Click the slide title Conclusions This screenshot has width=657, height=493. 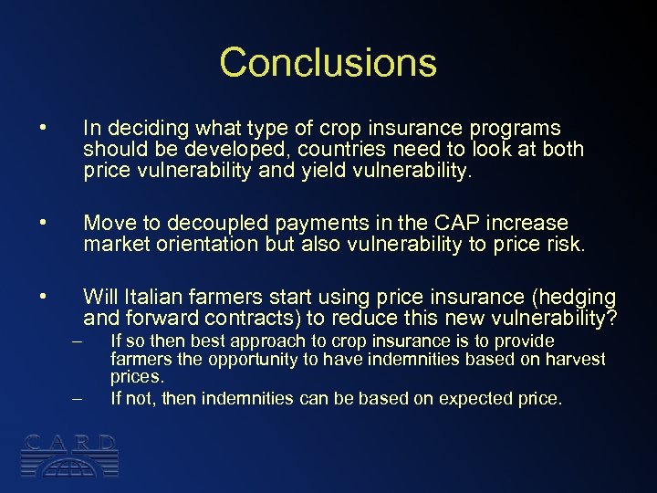tap(328, 62)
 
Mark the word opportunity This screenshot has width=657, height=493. tap(249, 359)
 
